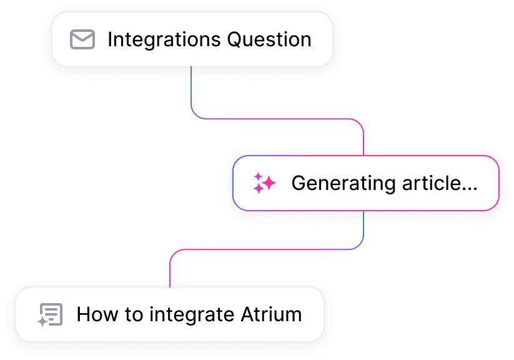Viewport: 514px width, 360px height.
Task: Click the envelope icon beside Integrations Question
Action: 82,39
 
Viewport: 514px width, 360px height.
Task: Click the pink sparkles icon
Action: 264,183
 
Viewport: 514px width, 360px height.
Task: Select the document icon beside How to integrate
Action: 50,314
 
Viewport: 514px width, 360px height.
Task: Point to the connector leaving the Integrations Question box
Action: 191,87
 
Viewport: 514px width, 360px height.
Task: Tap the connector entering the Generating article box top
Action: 363,141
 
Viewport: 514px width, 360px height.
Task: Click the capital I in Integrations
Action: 110,39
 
